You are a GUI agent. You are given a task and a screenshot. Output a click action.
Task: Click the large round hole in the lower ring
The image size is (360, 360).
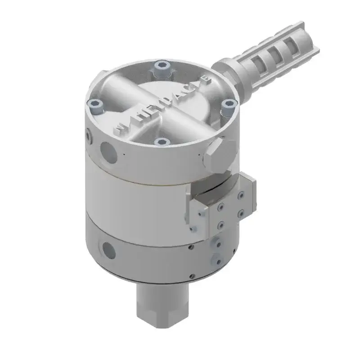pyautogui.click(x=108, y=248)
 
